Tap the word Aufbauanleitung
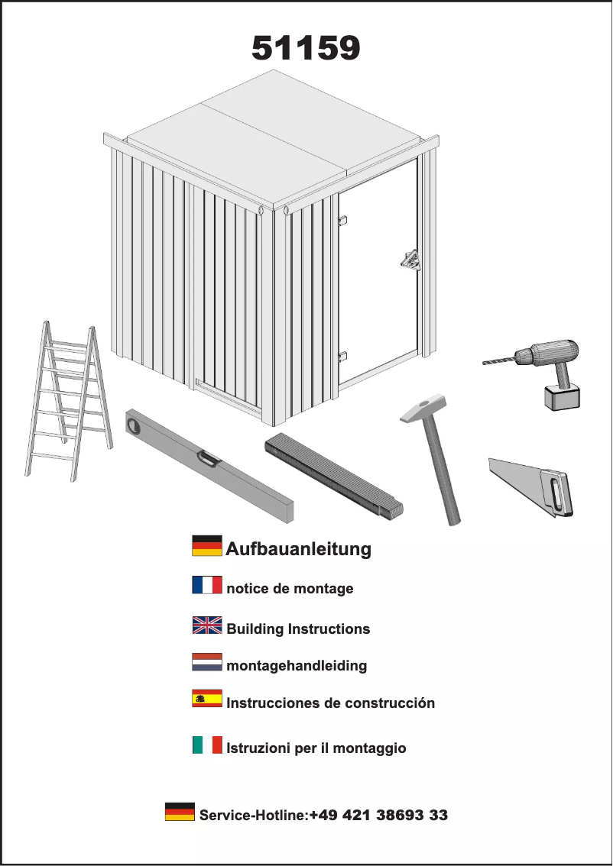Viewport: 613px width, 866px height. pyautogui.click(x=298, y=548)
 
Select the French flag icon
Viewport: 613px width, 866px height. pyautogui.click(x=206, y=586)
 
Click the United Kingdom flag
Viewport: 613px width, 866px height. pyautogui.click(x=206, y=625)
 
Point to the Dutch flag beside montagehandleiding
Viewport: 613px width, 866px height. pyautogui.click(x=206, y=662)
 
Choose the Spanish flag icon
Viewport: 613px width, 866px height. pyautogui.click(x=206, y=698)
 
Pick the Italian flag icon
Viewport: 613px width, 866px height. pyautogui.click(x=206, y=745)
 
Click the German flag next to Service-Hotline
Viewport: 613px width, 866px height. pyautogui.click(x=180, y=812)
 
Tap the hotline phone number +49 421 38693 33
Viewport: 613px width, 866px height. pyautogui.click(x=378, y=816)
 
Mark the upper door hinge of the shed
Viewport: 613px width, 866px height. pyautogui.click(x=342, y=221)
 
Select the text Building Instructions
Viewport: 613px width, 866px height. pyautogui.click(x=298, y=629)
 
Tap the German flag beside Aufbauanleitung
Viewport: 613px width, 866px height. pyautogui.click(x=206, y=546)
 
